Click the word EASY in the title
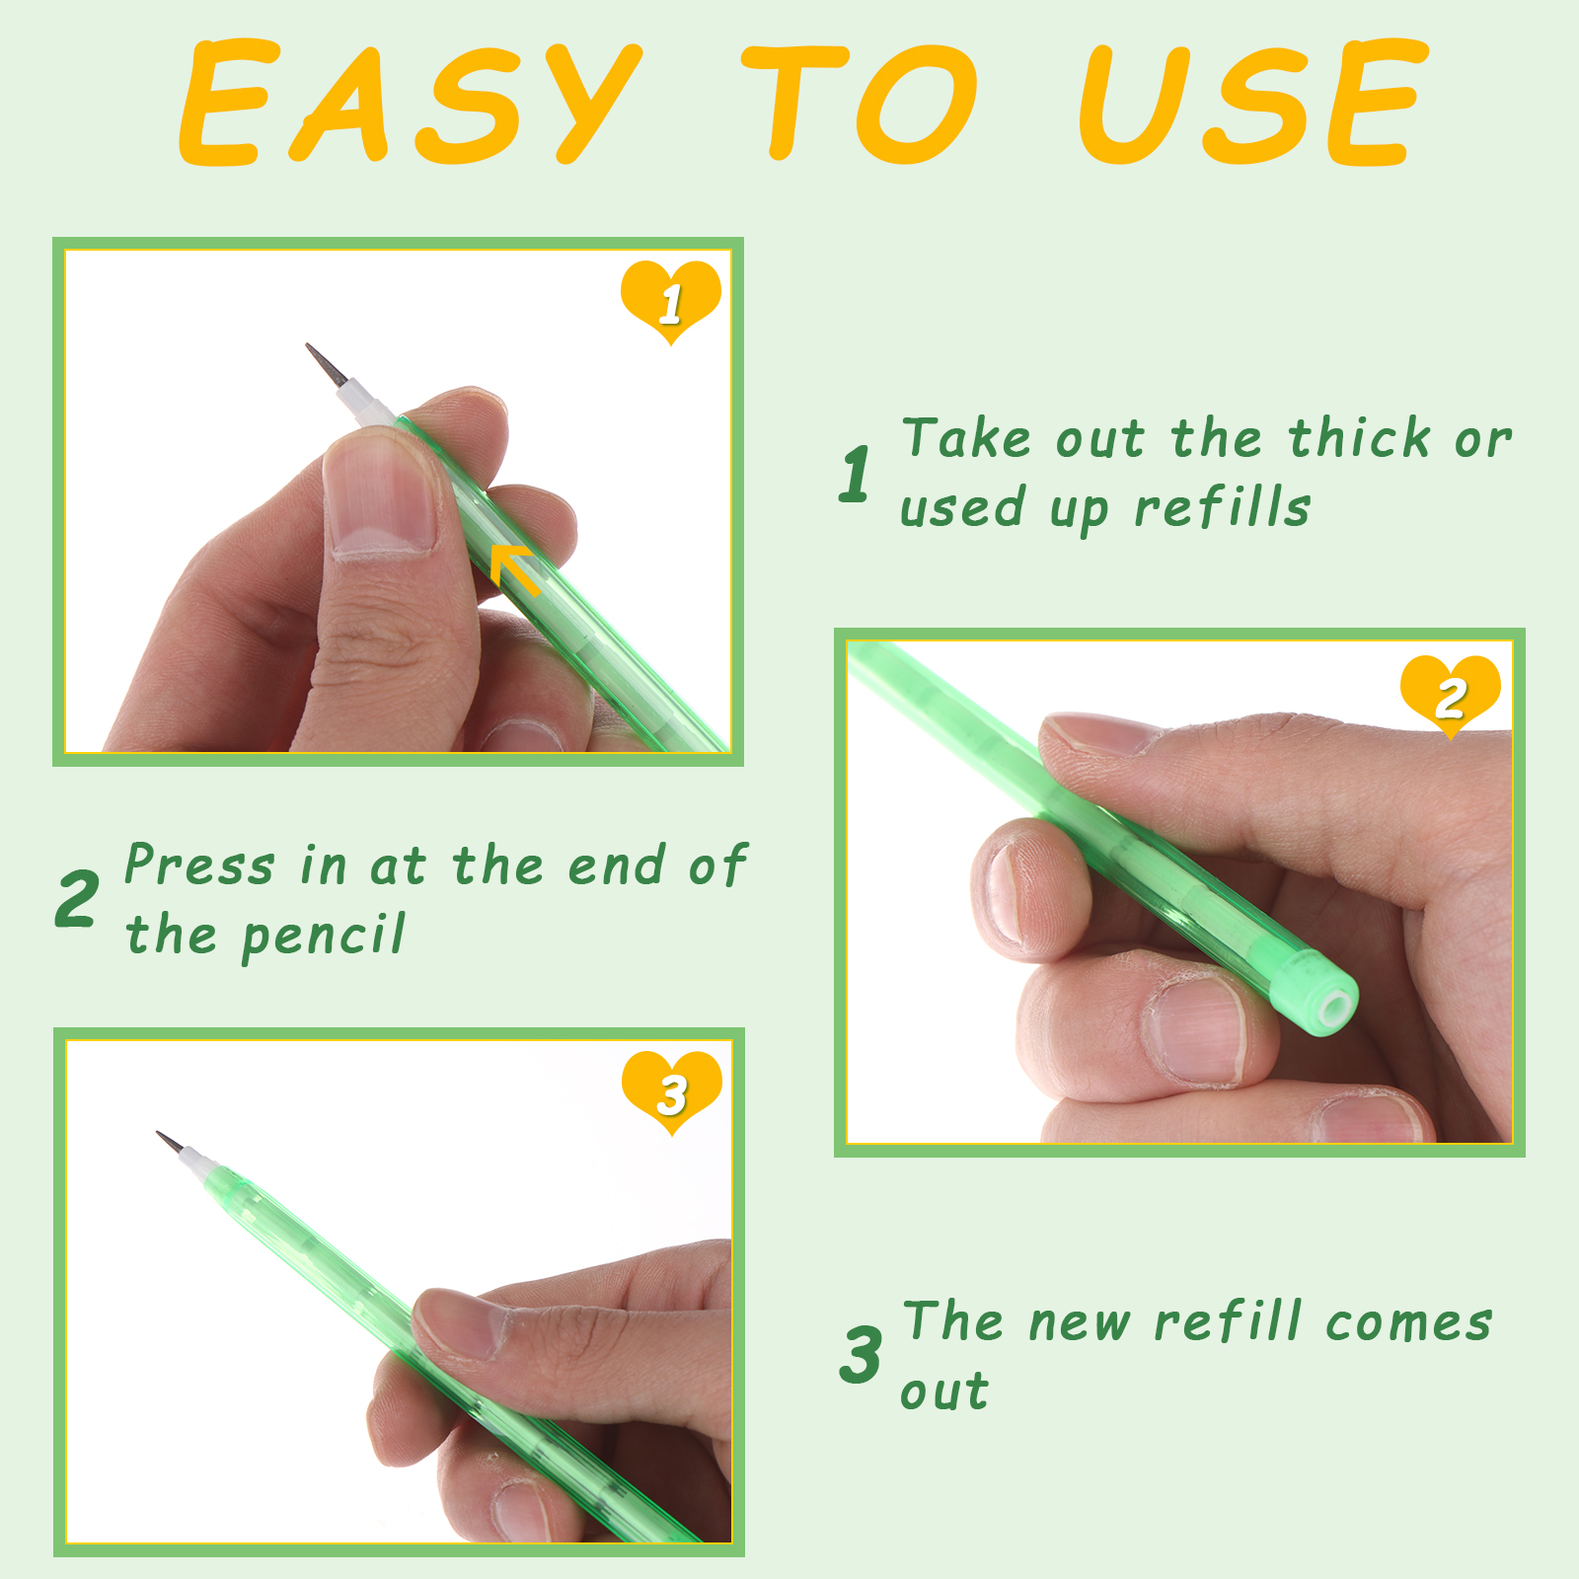click(x=410, y=102)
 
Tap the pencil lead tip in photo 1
click(x=308, y=346)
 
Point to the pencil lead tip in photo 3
click(x=159, y=1134)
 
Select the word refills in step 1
click(x=1222, y=508)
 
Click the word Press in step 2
click(x=199, y=865)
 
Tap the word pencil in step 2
click(x=323, y=936)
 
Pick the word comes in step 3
click(x=1408, y=1322)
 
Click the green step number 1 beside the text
click(x=856, y=474)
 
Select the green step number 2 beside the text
click(x=76, y=899)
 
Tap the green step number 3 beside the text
click(x=861, y=1354)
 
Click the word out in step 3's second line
click(x=944, y=1392)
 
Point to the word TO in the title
click(x=861, y=102)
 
